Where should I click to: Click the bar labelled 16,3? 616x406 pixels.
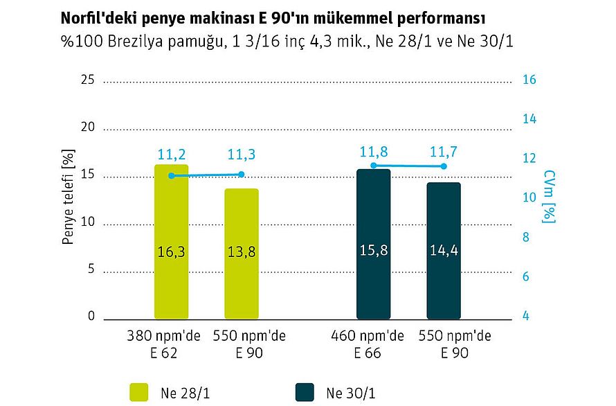coord(171,242)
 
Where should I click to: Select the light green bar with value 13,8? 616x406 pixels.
coord(241,254)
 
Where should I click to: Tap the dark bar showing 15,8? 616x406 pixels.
coord(373,244)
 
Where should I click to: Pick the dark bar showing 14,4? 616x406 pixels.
coord(444,250)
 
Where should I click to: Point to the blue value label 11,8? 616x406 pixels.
coord(373,151)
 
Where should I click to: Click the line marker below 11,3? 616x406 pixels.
coord(242,174)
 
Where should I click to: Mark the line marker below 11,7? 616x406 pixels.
coord(444,166)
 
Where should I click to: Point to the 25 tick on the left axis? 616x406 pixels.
coord(88,80)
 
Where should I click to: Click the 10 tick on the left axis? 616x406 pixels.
coord(88,224)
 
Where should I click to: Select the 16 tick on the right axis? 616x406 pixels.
coord(529,80)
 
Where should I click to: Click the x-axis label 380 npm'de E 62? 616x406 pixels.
coord(163,344)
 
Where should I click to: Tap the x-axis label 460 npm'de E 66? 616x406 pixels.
coord(367,344)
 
